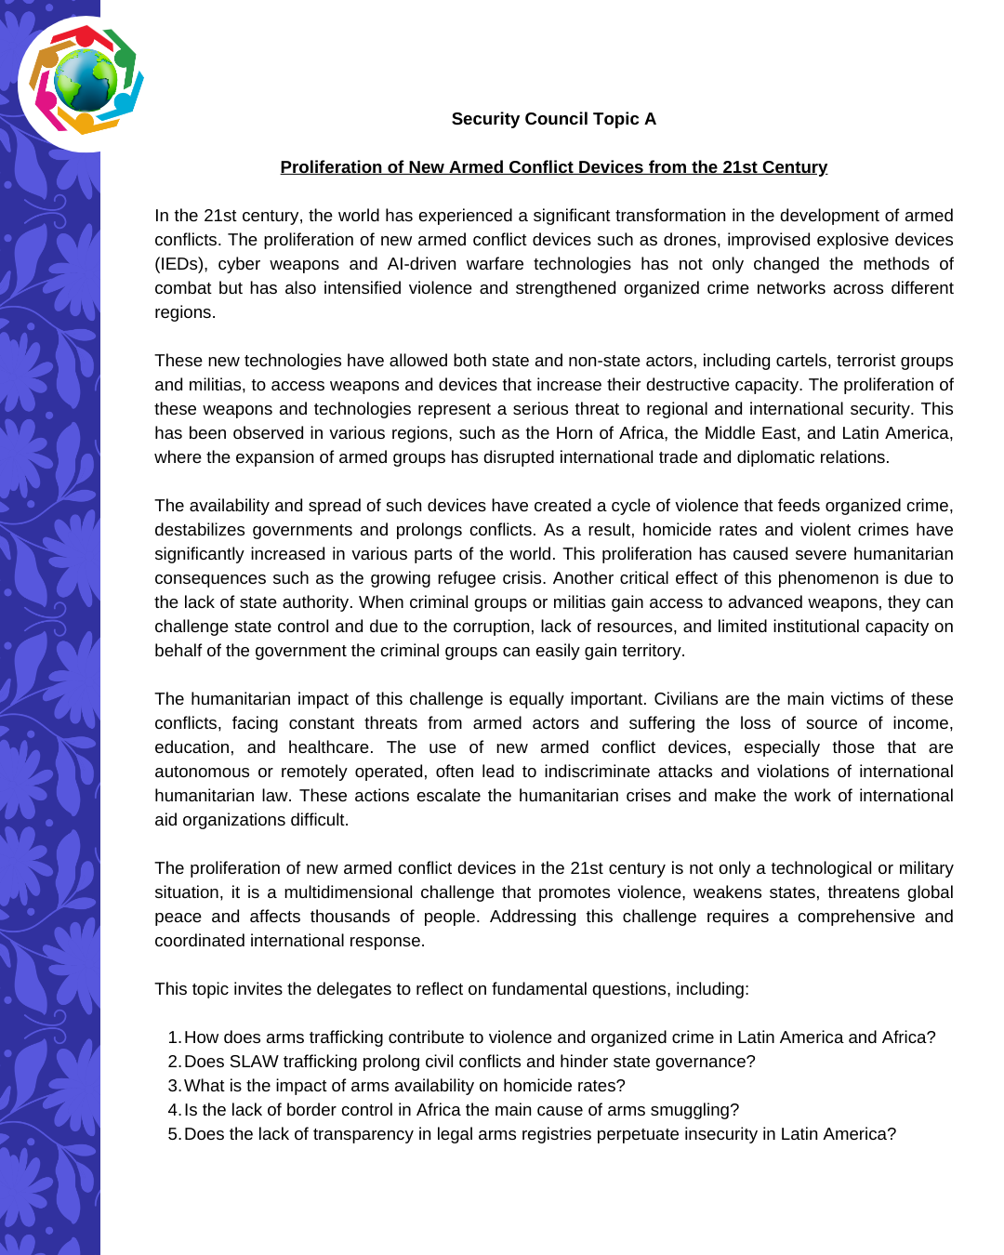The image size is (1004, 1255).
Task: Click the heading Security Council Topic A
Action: click(553, 119)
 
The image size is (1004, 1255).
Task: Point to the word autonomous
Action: click(202, 772)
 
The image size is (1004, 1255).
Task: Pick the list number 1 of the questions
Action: click(173, 1037)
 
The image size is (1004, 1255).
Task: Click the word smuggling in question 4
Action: click(691, 1110)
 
